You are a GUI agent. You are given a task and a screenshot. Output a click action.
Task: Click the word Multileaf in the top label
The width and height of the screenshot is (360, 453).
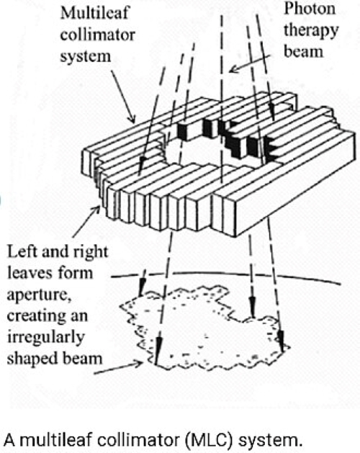(x=95, y=13)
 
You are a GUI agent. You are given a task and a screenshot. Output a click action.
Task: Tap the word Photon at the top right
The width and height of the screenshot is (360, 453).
(x=310, y=9)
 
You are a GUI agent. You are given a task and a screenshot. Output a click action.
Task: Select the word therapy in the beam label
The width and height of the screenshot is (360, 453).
(x=311, y=31)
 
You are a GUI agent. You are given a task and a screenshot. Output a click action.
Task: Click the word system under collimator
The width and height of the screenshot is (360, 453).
(x=86, y=56)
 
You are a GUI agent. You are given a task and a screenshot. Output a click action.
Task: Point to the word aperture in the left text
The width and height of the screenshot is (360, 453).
(x=40, y=295)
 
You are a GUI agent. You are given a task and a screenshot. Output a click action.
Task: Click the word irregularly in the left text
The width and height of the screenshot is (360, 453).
(x=45, y=338)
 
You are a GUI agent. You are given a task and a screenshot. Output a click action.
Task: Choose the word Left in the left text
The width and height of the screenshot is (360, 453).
(x=22, y=251)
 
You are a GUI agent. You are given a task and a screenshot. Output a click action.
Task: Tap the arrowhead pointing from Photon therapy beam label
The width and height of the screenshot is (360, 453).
(x=233, y=69)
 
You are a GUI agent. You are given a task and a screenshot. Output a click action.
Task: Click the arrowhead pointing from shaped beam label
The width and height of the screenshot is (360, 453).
(x=139, y=364)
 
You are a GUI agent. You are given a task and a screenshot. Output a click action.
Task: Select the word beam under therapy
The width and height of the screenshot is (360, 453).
(x=303, y=52)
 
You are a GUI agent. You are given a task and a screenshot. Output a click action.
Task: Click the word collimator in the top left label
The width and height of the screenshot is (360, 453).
(x=98, y=35)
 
